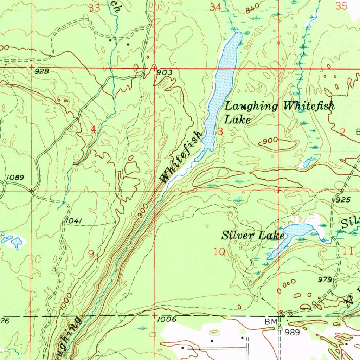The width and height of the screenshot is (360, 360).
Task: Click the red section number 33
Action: tap(94, 8)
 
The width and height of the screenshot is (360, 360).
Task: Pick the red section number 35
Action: tap(341, 6)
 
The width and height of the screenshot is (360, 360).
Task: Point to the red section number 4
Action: tap(93, 129)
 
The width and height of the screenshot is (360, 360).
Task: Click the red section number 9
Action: tap(91, 253)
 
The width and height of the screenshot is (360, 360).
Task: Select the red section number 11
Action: tap(348, 251)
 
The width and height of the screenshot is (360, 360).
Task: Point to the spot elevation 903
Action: tap(165, 72)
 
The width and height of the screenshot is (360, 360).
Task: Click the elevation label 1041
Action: tap(74, 221)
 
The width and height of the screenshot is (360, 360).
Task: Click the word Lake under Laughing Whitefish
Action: tap(238, 120)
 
